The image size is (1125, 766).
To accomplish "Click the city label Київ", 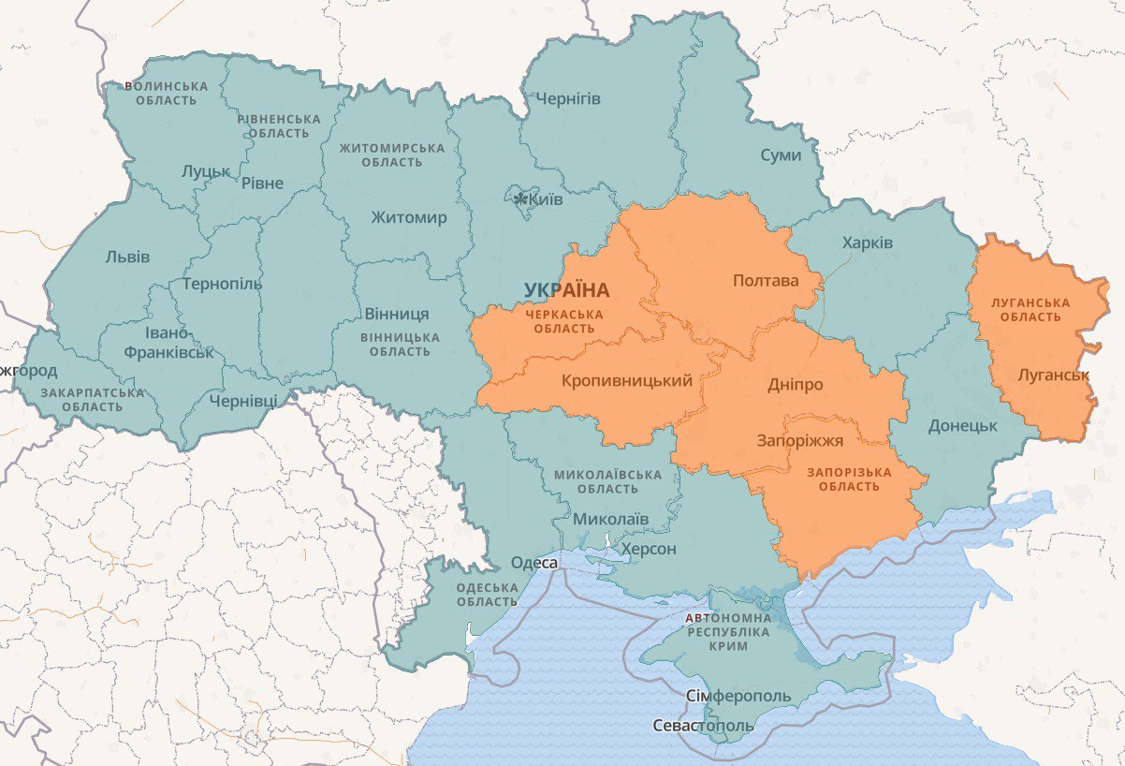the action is [546, 199].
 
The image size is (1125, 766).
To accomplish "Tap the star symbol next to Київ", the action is [520, 199].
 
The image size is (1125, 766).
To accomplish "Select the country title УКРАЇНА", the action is [566, 290].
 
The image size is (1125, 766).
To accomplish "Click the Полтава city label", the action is [766, 281].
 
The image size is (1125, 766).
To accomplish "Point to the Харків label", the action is [868, 243].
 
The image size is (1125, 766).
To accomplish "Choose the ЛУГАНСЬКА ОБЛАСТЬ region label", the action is [1030, 310].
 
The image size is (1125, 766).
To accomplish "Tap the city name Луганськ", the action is [1054, 376].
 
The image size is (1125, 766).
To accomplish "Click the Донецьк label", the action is [963, 425].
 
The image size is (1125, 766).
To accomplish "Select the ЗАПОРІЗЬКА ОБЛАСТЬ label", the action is [849, 479].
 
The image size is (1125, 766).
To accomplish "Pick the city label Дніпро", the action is [796, 385].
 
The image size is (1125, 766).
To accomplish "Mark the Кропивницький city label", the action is [627, 381].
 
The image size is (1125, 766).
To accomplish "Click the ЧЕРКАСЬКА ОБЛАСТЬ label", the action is [563, 321].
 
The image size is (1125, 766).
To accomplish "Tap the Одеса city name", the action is [534, 563].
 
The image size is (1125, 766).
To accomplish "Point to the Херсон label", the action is [649, 549].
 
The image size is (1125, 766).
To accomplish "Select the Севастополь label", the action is [703, 727].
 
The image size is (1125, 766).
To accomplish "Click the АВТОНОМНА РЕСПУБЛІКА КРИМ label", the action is [728, 632].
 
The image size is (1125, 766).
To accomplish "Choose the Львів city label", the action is [127, 257].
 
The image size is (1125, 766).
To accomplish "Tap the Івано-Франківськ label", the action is [168, 343].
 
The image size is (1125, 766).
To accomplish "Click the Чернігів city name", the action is [568, 99].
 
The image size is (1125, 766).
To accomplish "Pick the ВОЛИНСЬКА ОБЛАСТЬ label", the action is [166, 93].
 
